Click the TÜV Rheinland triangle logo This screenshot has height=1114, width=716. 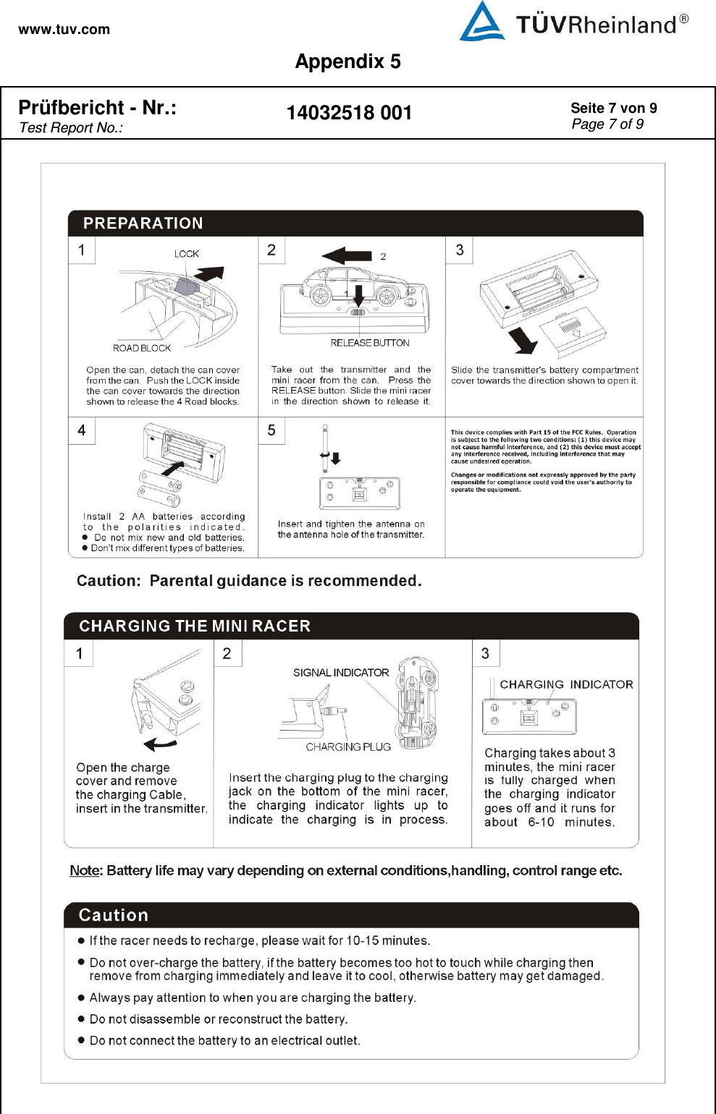481,22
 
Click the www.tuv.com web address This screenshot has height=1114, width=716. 64,30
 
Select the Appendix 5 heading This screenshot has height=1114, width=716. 348,61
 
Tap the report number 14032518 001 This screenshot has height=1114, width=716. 349,113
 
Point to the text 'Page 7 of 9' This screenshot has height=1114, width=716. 607,124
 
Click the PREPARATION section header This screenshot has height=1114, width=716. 143,224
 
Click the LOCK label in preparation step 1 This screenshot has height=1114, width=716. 186,254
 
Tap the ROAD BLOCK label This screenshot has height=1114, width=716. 142,348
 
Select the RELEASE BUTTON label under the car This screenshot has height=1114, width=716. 370,343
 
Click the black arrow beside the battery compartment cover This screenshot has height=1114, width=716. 523,339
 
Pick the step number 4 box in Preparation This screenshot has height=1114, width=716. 82,430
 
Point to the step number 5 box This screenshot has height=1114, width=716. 271,430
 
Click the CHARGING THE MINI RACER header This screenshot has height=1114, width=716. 195,626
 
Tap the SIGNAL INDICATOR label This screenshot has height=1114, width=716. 341,673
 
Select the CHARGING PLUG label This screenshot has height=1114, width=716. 348,747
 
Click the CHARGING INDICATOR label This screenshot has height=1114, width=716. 566,684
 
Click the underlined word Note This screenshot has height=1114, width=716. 84,870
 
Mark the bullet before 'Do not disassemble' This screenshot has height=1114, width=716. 81,1019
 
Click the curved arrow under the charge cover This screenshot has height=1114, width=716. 160,744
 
